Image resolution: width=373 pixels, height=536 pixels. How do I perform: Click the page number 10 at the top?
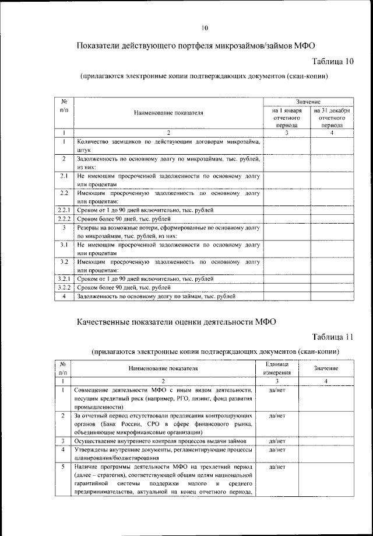click(205, 28)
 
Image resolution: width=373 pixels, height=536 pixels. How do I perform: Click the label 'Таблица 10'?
click(333, 61)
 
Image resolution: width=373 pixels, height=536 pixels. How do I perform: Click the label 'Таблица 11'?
click(333, 337)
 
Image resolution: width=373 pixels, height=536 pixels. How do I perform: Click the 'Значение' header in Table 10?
click(308, 102)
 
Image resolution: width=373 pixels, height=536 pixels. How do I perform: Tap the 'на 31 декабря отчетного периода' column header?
click(331, 117)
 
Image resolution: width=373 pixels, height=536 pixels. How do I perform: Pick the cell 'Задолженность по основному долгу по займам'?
click(156, 297)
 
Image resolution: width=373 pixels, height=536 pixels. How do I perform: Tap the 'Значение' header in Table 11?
click(326, 368)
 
